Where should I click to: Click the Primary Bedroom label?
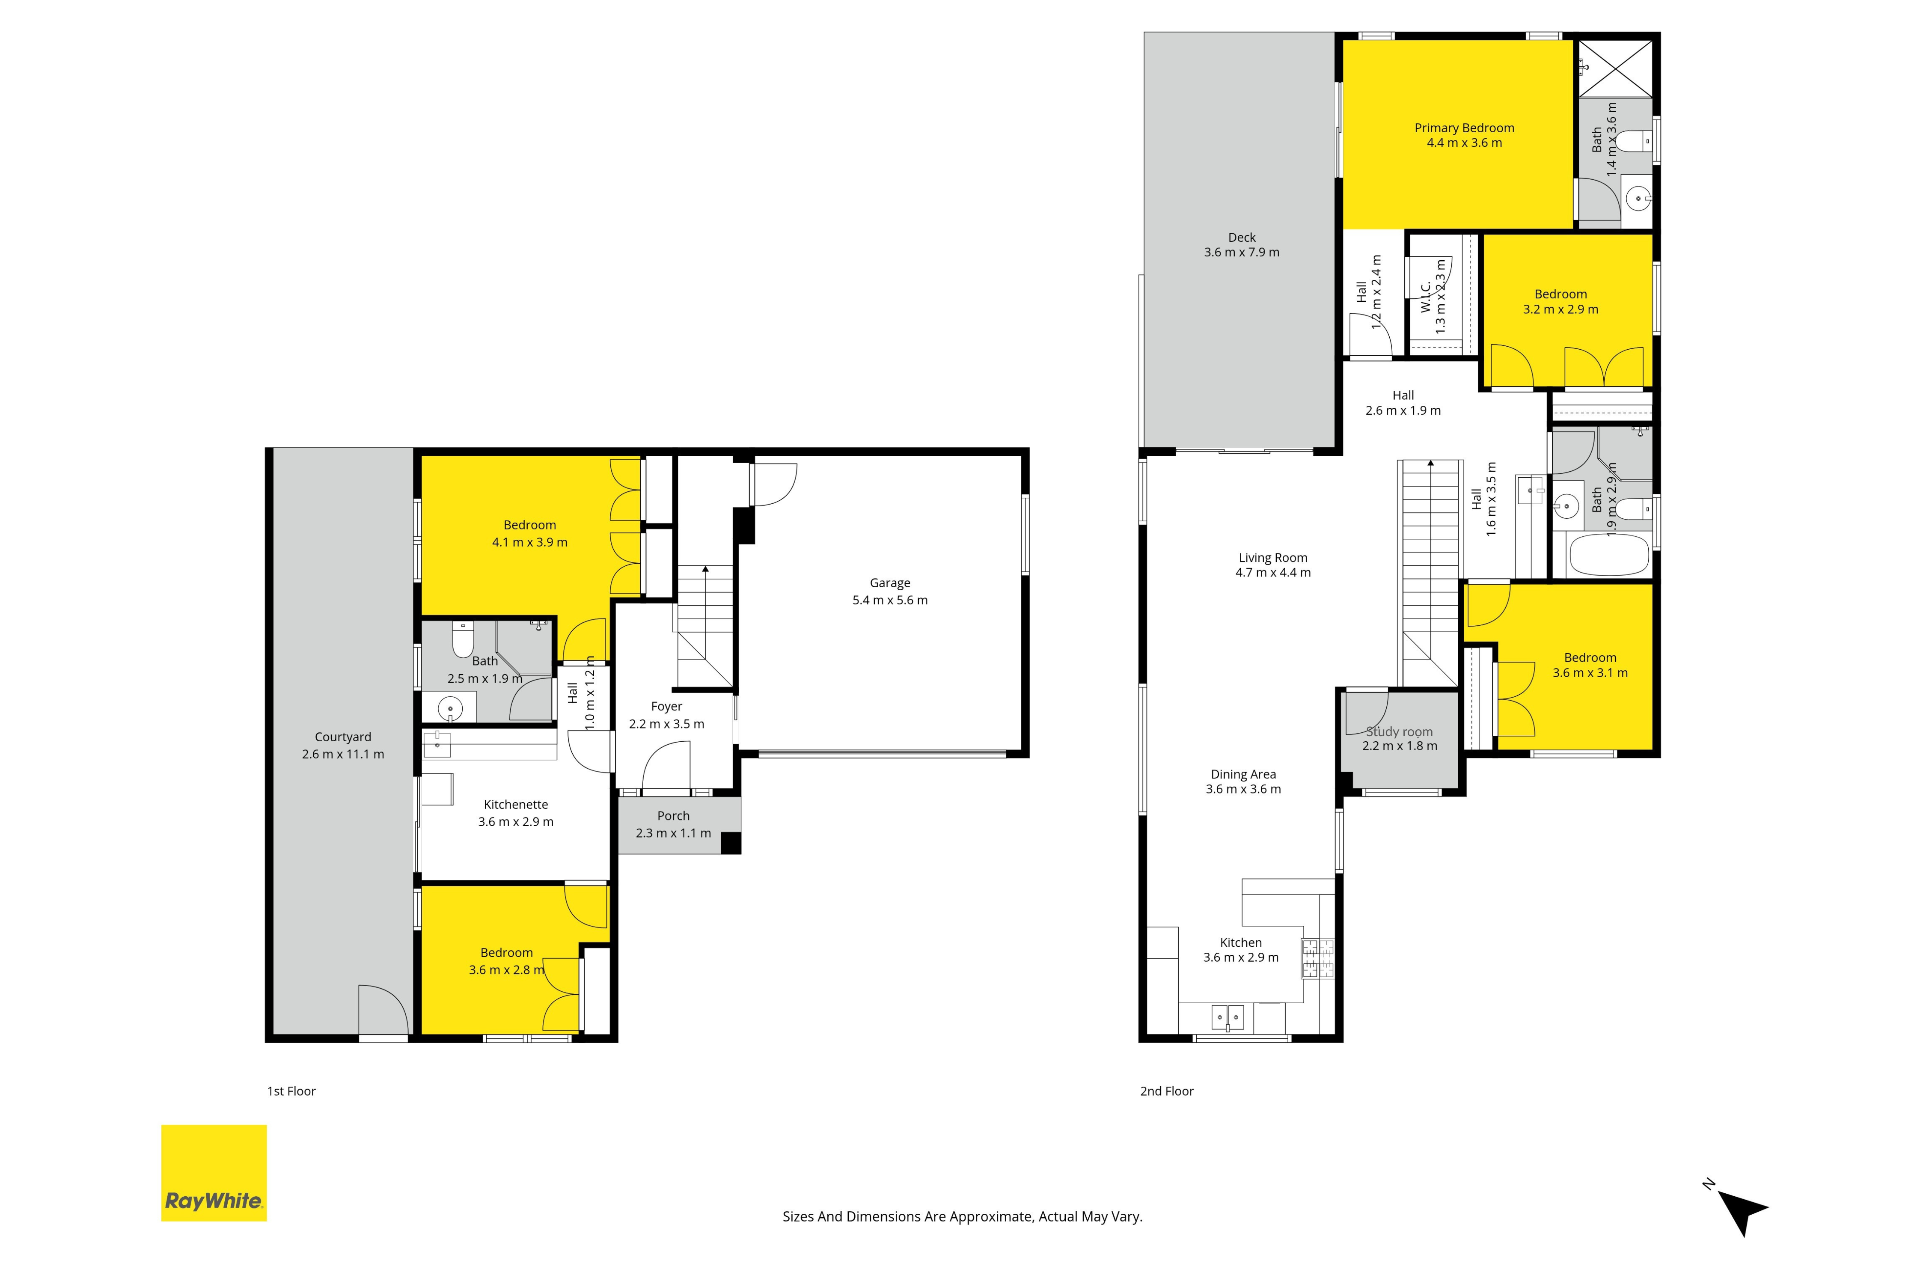pyautogui.click(x=1464, y=128)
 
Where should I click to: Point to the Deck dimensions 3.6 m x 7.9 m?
pyautogui.click(x=1242, y=252)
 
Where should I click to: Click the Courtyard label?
pyautogui.click(x=343, y=737)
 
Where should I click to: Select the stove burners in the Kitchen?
pyautogui.click(x=1317, y=959)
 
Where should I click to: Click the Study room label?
pyautogui.click(x=1400, y=731)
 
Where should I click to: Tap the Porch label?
pyautogui.click(x=673, y=816)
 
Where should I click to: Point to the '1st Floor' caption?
pyautogui.click(x=291, y=1091)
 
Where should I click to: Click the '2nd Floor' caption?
pyautogui.click(x=1167, y=1091)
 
